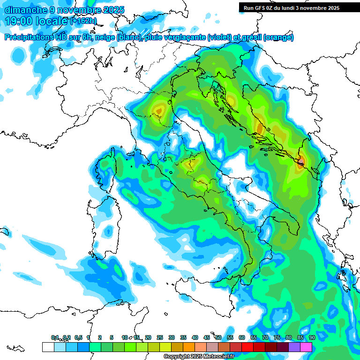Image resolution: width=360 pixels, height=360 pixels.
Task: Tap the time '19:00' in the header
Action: coord(17,21)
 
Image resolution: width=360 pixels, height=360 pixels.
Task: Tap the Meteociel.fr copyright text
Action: coord(199,357)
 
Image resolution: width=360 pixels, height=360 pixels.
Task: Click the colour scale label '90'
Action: coord(312,337)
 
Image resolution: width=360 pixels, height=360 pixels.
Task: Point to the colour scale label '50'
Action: coord(218,337)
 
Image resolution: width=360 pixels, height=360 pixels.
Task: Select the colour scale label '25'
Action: coord(160,337)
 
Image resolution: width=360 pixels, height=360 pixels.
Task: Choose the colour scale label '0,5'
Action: coord(78,337)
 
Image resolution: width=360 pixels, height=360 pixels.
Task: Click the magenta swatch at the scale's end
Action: coord(306,347)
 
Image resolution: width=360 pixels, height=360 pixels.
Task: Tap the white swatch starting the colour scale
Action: coord(48,347)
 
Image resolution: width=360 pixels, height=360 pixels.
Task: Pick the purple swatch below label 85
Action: coord(294,347)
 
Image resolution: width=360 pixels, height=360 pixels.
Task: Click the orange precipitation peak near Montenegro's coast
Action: coord(301,162)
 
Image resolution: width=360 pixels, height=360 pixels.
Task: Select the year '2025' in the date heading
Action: coord(113,10)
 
